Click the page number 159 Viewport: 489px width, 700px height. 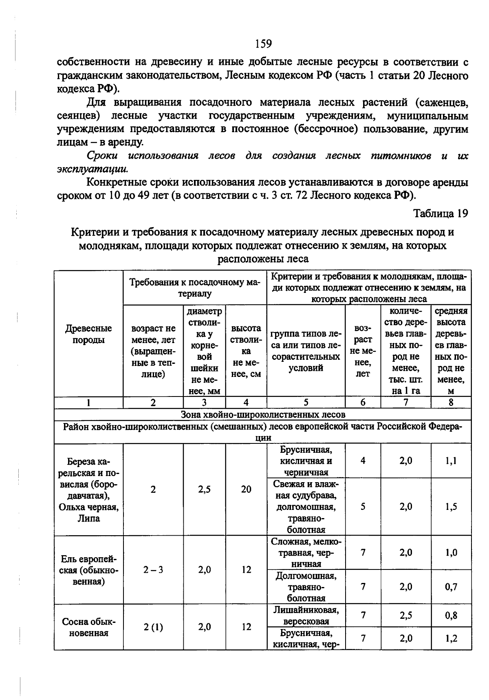[263, 43]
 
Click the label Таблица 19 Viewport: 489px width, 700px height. [441, 213]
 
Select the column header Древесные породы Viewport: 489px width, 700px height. [88, 334]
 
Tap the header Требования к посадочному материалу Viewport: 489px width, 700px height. [195, 288]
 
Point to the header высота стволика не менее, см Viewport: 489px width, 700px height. [246, 351]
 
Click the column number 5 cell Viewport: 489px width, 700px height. [306, 402]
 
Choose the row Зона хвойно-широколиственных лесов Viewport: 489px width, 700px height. [263, 414]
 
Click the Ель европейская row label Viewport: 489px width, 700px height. [88, 570]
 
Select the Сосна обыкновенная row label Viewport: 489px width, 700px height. [88, 627]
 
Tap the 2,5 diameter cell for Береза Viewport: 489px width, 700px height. [204, 490]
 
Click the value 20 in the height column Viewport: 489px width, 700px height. [246, 490]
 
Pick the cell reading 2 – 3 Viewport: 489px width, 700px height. [153, 570]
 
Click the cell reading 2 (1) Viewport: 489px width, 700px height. [153, 627]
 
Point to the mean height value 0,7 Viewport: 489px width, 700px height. [451, 587]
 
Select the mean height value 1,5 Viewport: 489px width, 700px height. [451, 507]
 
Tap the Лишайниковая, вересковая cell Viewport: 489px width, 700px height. [306, 616]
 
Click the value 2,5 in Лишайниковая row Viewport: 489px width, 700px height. [405, 616]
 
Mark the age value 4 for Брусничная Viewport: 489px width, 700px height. [363, 461]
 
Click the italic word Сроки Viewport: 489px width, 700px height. [102, 156]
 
